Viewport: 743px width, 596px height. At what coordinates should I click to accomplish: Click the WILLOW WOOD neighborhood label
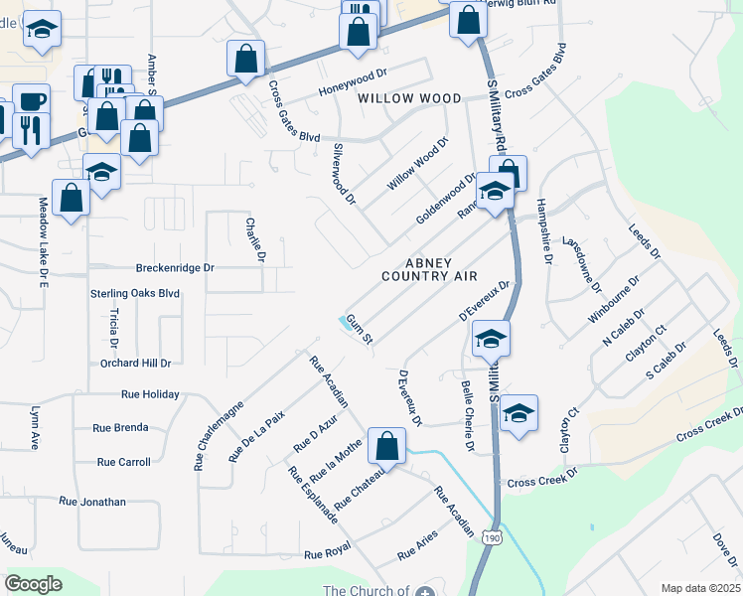pyautogui.click(x=409, y=98)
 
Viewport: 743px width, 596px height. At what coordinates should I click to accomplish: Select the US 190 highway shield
pyautogui.click(x=492, y=537)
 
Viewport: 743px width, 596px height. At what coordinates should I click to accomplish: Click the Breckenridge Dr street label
pyautogui.click(x=174, y=268)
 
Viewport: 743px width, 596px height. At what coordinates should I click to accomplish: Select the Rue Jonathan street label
pyautogui.click(x=92, y=503)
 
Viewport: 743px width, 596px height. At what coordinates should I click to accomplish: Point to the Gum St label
pyautogui.click(x=359, y=332)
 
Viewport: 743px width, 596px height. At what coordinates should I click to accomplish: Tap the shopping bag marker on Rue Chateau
pyautogui.click(x=386, y=446)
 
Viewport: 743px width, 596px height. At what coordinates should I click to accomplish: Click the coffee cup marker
pyautogui.click(x=31, y=101)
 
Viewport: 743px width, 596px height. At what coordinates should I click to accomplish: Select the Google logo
pyautogui.click(x=33, y=584)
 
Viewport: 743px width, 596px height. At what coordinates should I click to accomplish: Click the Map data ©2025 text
pyautogui.click(x=699, y=588)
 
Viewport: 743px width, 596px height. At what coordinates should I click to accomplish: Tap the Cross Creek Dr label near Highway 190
pyautogui.click(x=541, y=481)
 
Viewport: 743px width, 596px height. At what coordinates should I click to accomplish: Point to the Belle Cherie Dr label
pyautogui.click(x=466, y=414)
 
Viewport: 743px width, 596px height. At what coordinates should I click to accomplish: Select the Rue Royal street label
pyautogui.click(x=328, y=553)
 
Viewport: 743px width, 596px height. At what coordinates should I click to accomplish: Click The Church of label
pyautogui.click(x=366, y=590)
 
